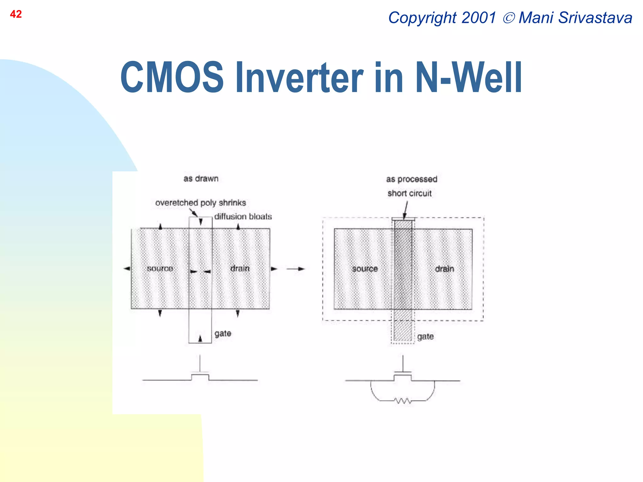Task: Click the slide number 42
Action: pos(16,14)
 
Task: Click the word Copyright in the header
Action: pos(422,18)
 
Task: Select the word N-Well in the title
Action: pos(468,78)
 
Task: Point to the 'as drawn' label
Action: pos(201,179)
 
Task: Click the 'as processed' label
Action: pos(412,179)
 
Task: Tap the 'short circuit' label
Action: pos(409,193)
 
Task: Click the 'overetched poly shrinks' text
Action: pos(201,203)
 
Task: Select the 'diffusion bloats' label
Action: pos(243,217)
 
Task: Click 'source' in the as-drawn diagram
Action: pos(160,269)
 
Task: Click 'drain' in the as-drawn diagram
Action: pos(240,269)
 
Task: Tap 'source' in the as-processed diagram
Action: pos(365,269)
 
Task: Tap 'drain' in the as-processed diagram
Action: pos(445,269)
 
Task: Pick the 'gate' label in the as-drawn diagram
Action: pos(223,333)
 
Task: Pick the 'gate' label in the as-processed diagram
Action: pos(425,336)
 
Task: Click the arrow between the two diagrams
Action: pos(295,269)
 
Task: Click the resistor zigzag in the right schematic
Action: pos(403,401)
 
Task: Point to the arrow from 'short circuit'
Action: pos(406,210)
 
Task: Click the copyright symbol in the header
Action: pos(509,18)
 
